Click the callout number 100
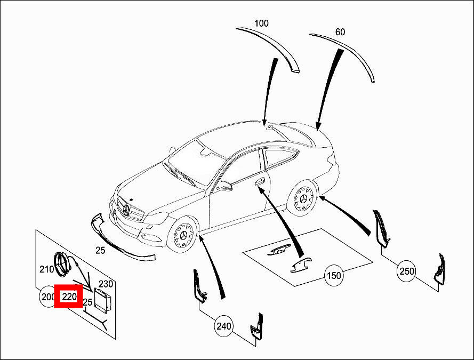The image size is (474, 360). (261, 23)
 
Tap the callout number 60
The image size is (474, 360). (340, 32)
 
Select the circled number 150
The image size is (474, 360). (334, 275)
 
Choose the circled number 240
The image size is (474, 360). (224, 326)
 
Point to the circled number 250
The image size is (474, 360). (407, 271)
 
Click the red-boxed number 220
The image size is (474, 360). (69, 297)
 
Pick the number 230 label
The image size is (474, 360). (106, 284)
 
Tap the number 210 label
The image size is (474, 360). (47, 269)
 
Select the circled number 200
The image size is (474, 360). (47, 297)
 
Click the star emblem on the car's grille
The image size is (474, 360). (126, 210)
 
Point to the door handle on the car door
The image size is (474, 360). (260, 182)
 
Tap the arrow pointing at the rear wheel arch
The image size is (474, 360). (344, 215)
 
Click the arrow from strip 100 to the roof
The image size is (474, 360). (270, 92)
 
